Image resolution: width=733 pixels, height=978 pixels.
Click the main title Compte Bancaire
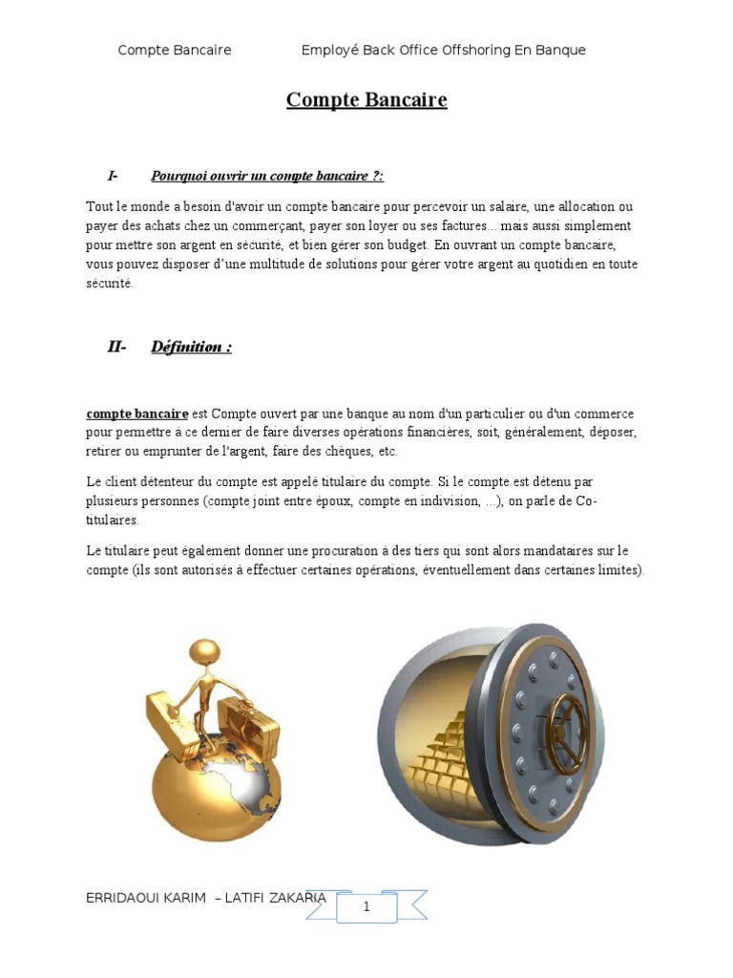pyautogui.click(x=366, y=100)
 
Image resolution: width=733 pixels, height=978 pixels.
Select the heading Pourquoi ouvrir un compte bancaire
pyautogui.click(x=266, y=176)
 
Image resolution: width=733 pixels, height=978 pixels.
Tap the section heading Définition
pyautogui.click(x=191, y=347)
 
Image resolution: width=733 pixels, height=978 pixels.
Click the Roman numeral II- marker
pyautogui.click(x=116, y=347)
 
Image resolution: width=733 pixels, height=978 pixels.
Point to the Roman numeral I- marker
pyautogui.click(x=113, y=176)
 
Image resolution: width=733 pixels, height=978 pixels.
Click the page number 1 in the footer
pyautogui.click(x=366, y=907)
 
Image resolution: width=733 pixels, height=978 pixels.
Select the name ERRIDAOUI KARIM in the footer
pyautogui.click(x=145, y=898)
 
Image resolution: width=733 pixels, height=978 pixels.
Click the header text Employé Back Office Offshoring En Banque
pyautogui.click(x=443, y=50)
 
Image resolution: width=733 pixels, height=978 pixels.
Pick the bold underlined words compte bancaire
pyautogui.click(x=137, y=414)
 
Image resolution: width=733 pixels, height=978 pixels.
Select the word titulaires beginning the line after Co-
pyautogui.click(x=112, y=521)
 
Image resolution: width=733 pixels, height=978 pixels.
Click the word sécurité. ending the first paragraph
pyautogui.click(x=110, y=284)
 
